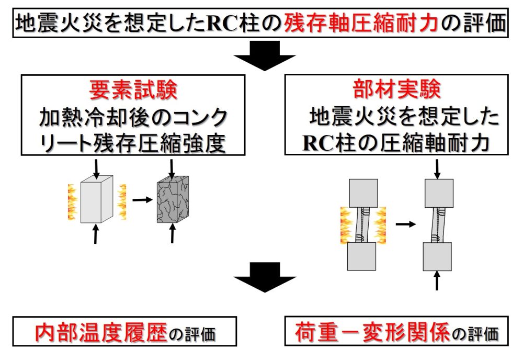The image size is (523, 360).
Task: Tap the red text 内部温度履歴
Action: click(x=101, y=333)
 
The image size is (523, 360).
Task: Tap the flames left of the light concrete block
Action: click(x=72, y=201)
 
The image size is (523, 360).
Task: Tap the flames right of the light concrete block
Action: click(x=121, y=201)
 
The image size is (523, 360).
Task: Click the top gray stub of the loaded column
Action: click(x=438, y=193)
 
